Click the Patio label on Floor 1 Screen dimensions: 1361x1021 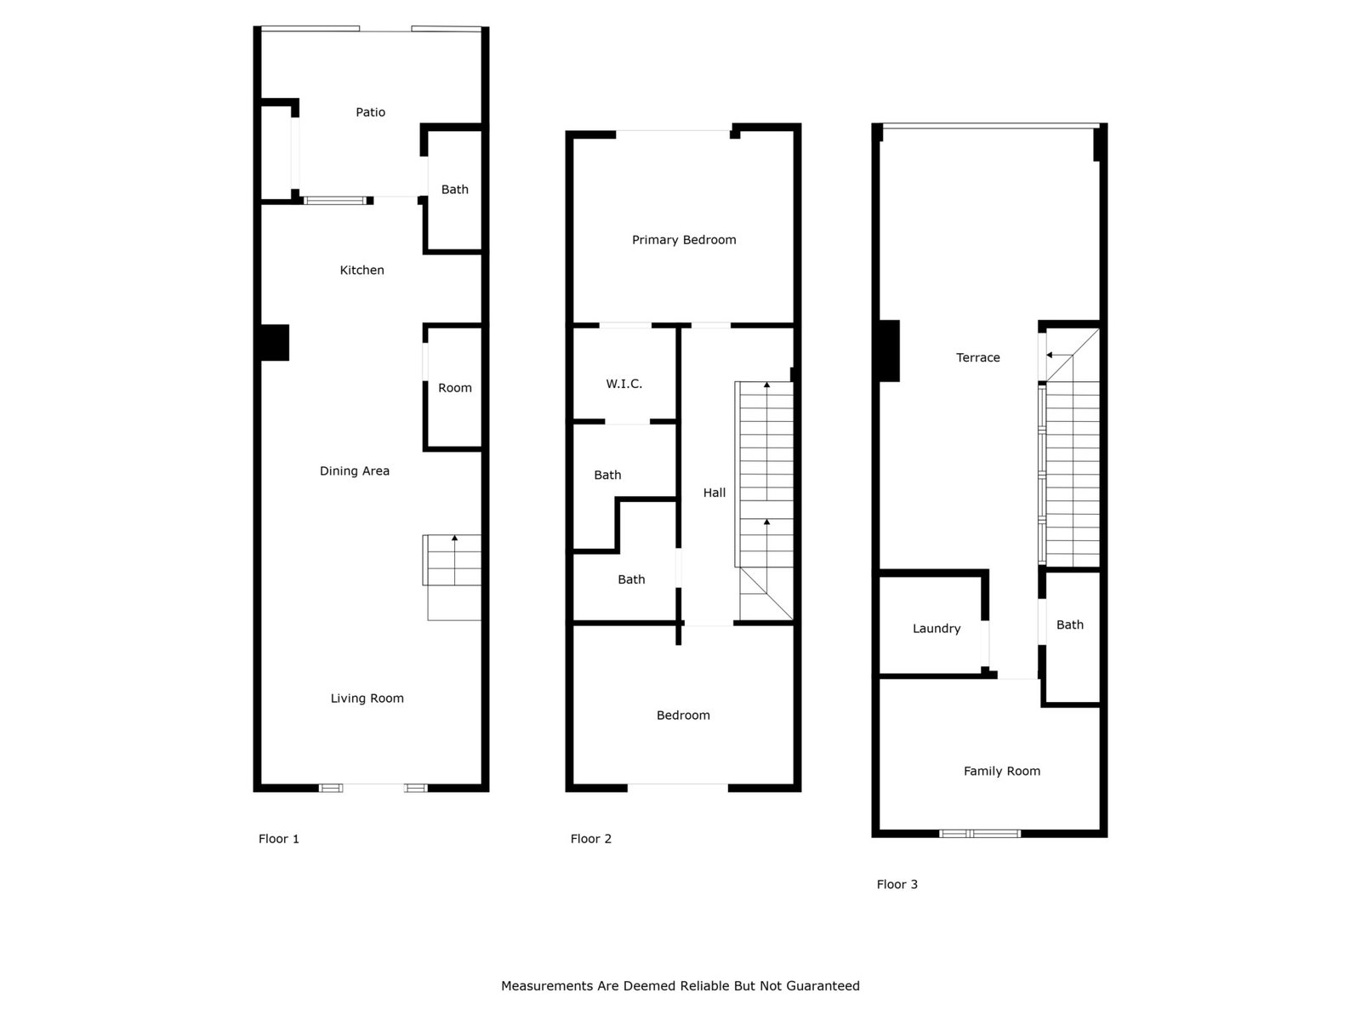(370, 112)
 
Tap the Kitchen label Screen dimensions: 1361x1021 (362, 271)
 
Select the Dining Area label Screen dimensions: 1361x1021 (354, 471)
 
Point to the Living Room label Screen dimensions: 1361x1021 (367, 699)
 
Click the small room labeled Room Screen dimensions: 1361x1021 (454, 388)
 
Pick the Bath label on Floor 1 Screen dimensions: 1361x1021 (454, 190)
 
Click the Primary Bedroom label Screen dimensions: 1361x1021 (683, 240)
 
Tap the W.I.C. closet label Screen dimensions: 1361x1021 (624, 385)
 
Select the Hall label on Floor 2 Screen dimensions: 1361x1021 (714, 493)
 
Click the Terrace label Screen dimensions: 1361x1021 (977, 357)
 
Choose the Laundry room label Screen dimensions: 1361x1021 (937, 629)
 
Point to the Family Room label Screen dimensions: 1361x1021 (1001, 771)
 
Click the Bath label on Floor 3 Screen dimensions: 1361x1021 (1069, 625)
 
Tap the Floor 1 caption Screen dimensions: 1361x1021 (278, 839)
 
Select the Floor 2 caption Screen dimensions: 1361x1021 (590, 839)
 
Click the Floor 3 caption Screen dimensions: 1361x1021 (897, 885)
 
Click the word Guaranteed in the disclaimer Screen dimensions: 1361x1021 (823, 985)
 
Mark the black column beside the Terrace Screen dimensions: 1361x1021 (889, 351)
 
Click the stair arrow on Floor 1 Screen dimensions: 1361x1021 (454, 560)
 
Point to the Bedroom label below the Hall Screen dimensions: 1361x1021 (683, 716)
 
